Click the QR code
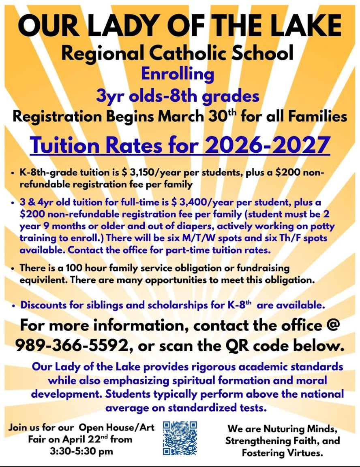point(180,438)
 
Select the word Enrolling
point(177,74)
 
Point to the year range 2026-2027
point(267,145)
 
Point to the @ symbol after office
point(332,325)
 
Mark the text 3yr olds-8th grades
point(178,96)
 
